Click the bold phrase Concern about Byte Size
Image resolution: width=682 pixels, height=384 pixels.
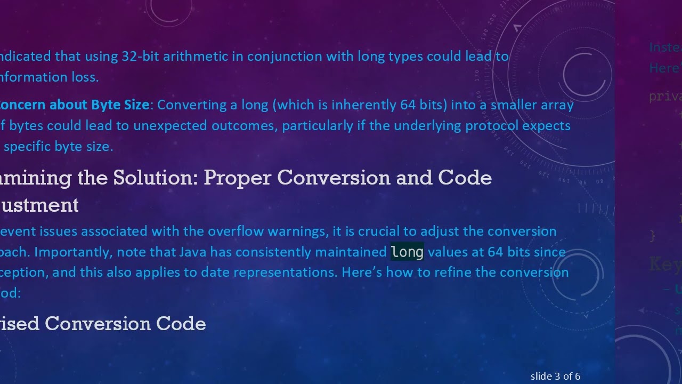(x=74, y=105)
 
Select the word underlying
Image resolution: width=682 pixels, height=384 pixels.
(x=428, y=126)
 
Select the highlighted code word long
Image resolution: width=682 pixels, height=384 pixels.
(x=407, y=252)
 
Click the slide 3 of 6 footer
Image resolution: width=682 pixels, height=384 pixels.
(x=555, y=377)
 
